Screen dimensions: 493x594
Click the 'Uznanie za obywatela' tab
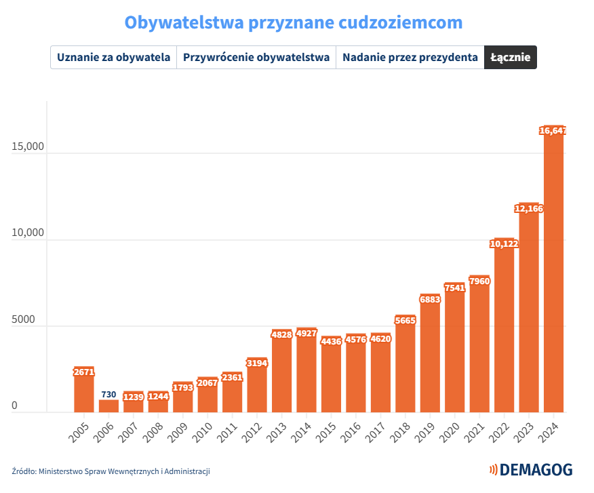[x=113, y=57]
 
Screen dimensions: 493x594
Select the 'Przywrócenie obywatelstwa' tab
[x=256, y=57]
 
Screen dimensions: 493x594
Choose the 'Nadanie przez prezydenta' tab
[x=410, y=57]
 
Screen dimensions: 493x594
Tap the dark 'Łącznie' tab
[x=511, y=57]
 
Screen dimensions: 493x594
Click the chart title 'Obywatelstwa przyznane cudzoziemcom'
[x=294, y=22]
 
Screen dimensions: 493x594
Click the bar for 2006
[x=108, y=406]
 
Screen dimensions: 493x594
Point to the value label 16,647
[x=553, y=131]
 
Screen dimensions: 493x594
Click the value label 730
[x=108, y=394]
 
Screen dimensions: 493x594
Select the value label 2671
[x=84, y=372]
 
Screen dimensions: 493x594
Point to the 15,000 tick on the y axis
[x=28, y=147]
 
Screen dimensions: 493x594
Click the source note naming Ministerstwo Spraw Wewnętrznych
[x=111, y=471]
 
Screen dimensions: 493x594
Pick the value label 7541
[x=454, y=288]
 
